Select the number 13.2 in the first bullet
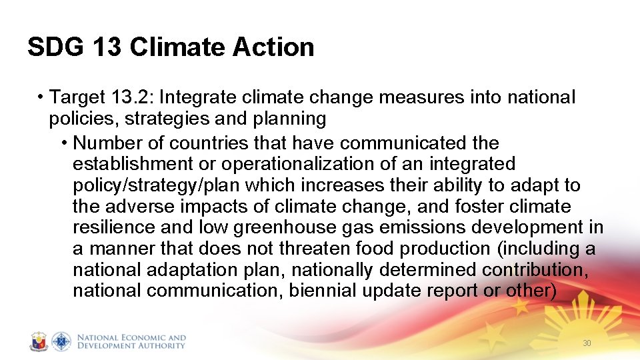pos(131,97)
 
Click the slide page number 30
pos(587,343)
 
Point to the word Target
pos(77,97)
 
